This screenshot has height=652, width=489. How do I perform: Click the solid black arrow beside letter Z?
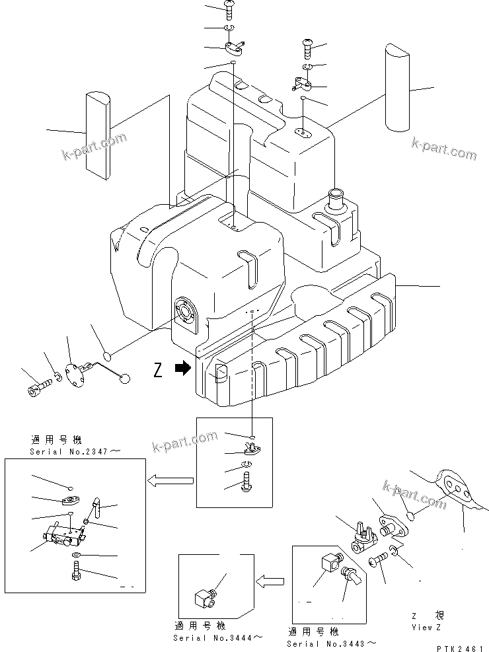point(182,371)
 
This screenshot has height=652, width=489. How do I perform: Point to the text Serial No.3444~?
point(209,637)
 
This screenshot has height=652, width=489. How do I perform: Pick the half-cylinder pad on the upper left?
point(96,135)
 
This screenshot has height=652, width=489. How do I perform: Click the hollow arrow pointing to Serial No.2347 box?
point(170,481)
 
